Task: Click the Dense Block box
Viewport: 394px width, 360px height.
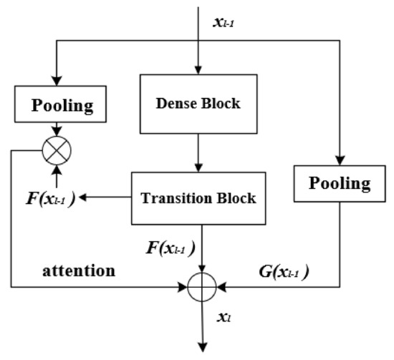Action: [x=198, y=103]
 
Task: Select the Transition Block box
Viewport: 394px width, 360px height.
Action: [x=199, y=198]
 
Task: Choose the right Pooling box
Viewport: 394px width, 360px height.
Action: [x=340, y=183]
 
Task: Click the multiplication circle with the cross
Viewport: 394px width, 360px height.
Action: [x=55, y=151]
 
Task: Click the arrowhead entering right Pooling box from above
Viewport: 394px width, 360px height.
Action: [x=340, y=159]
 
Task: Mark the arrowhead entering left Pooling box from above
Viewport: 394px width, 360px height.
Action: [x=55, y=82]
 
